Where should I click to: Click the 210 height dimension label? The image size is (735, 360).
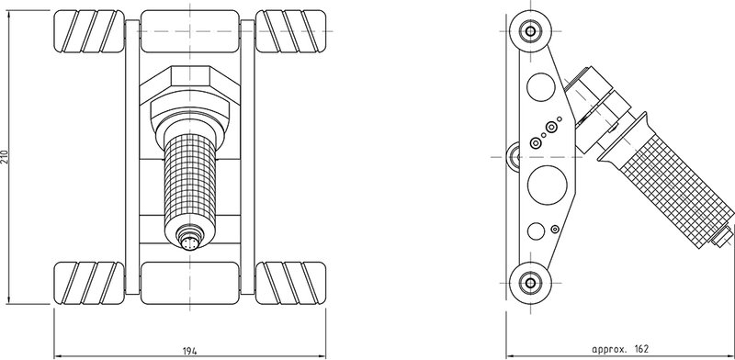point(5,156)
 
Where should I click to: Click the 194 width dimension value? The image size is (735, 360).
point(189,350)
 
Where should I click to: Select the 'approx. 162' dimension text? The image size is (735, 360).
point(619,349)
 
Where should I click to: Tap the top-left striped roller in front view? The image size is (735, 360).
point(89,31)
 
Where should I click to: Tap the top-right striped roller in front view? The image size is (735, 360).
point(290,31)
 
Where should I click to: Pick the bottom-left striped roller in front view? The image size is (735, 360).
point(89,283)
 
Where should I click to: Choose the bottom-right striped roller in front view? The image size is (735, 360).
point(290,283)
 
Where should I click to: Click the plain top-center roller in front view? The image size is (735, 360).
point(190,31)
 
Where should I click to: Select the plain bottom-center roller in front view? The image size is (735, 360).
point(190,283)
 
